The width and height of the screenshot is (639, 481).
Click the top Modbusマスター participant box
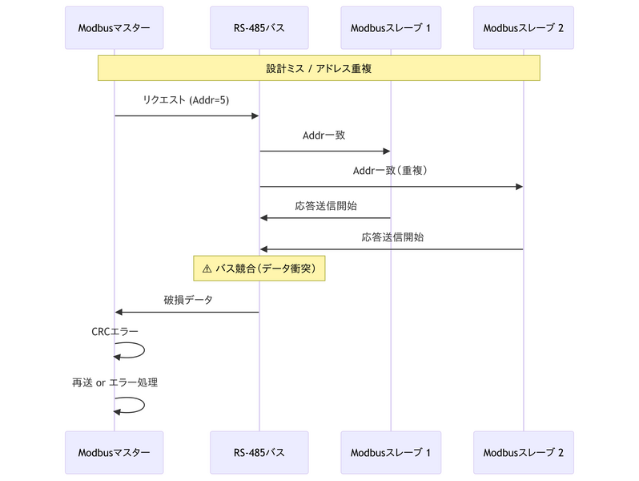(x=114, y=28)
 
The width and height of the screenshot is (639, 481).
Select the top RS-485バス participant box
(x=259, y=28)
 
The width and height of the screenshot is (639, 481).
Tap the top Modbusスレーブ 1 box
(x=390, y=28)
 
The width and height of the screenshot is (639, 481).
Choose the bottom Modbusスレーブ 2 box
(x=523, y=452)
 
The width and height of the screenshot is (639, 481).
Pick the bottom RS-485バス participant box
(x=259, y=452)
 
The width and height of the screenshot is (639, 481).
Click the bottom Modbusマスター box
(x=114, y=452)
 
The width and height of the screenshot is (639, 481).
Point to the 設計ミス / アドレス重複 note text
(x=319, y=69)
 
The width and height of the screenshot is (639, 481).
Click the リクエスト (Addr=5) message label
(x=186, y=100)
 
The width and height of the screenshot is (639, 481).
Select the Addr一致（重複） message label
(x=391, y=171)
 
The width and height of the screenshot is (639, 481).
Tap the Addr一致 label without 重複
(x=324, y=135)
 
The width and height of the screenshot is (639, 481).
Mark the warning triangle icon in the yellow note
(x=207, y=269)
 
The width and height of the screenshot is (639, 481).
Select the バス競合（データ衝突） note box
(x=259, y=269)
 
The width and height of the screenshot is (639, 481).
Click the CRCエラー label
(x=115, y=330)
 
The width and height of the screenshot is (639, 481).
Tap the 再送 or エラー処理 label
(x=115, y=382)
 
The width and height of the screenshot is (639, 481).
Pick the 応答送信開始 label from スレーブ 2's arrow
(x=392, y=237)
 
